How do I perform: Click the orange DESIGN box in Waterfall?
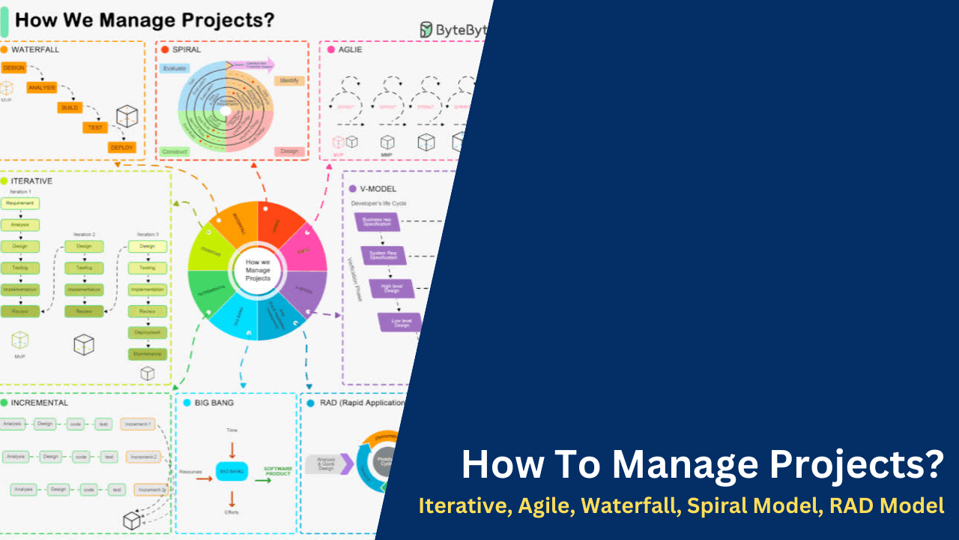coord(13,67)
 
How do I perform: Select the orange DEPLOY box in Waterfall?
coord(121,147)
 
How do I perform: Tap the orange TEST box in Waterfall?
coord(95,127)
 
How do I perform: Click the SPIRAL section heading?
coord(187,49)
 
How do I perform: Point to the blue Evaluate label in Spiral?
coord(174,68)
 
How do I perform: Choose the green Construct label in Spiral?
coord(175,151)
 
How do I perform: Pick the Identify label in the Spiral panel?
coord(288,80)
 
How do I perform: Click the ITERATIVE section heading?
coord(31,181)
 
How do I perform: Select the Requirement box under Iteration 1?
coord(20,203)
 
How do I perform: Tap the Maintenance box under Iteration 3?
coord(148,353)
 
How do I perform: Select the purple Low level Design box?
coord(400,322)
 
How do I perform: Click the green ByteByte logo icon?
coord(426,29)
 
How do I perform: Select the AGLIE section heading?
coord(350,49)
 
